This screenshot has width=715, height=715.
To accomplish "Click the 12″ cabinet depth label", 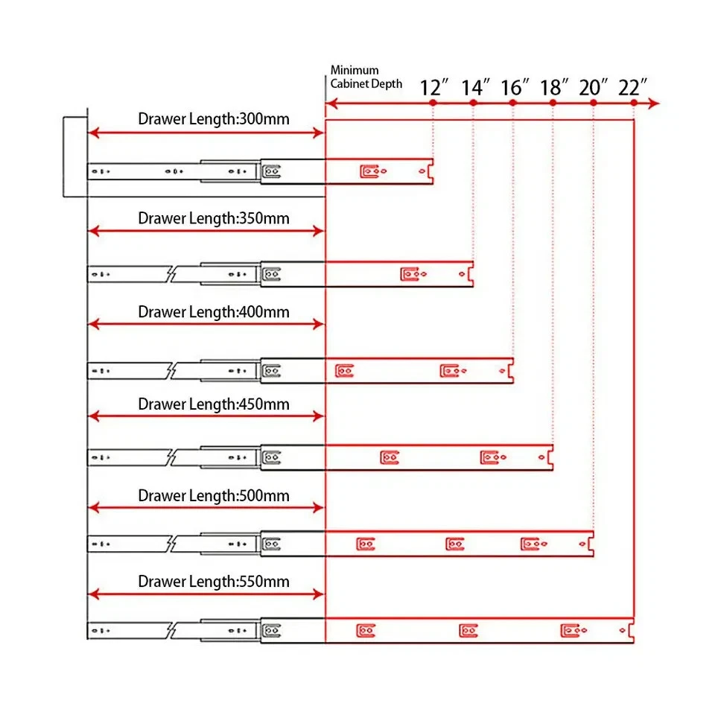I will [435, 87].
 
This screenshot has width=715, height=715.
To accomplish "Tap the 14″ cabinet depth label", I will [475, 87].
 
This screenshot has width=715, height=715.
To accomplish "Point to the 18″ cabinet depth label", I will [555, 87].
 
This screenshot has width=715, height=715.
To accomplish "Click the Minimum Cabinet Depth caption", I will [366, 77].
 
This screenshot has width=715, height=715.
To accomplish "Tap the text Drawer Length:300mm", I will [214, 118].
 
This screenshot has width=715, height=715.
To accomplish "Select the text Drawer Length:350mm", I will [214, 218].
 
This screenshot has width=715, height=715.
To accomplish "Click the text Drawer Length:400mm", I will [214, 311].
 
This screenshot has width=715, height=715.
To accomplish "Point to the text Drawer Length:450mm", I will [214, 404].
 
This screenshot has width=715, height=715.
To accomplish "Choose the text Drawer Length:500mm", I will [214, 495].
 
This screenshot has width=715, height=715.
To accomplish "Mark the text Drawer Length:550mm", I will [214, 581].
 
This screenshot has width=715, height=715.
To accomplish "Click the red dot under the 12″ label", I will [433, 103].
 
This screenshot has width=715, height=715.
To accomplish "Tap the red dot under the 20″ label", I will [593, 103].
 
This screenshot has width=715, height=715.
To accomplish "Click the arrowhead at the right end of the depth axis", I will [653, 103].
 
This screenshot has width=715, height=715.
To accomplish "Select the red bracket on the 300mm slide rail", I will [369, 172].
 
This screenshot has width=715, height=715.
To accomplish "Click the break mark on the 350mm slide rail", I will [171, 274].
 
